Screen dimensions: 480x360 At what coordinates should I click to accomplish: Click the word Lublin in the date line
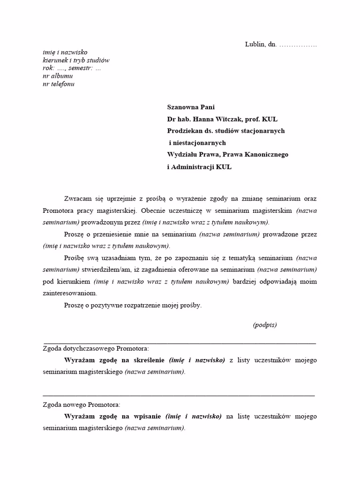pos(255,45)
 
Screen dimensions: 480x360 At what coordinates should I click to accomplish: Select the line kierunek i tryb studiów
pos(76,60)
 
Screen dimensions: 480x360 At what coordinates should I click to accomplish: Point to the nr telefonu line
pos(59,84)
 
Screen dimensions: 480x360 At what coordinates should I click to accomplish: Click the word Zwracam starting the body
pos(77,198)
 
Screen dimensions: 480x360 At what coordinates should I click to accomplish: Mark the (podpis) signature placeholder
pos(265,325)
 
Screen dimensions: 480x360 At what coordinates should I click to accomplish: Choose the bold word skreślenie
pos(147,360)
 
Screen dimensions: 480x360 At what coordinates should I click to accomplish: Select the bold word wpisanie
pos(145,416)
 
